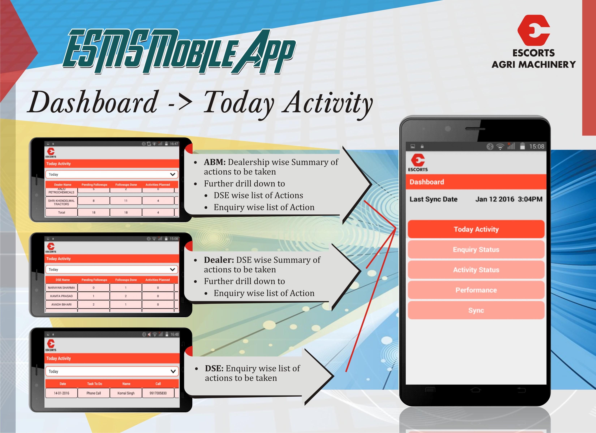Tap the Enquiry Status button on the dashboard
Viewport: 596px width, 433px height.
(x=476, y=249)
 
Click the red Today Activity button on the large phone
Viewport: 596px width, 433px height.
(x=476, y=229)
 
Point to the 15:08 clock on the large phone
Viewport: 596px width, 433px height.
(x=537, y=147)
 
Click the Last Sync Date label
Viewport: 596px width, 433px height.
(x=433, y=199)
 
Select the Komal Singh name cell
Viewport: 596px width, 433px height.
(x=126, y=393)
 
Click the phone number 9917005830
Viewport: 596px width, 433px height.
(x=158, y=393)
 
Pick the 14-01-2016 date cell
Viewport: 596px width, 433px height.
(x=61, y=393)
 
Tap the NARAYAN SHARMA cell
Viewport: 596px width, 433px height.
(x=61, y=288)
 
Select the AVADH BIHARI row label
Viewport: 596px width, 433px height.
(x=61, y=304)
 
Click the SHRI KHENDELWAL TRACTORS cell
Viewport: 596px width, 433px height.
(x=61, y=202)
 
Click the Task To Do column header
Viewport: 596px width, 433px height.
(x=95, y=384)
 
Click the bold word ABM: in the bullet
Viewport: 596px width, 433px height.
(x=215, y=162)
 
